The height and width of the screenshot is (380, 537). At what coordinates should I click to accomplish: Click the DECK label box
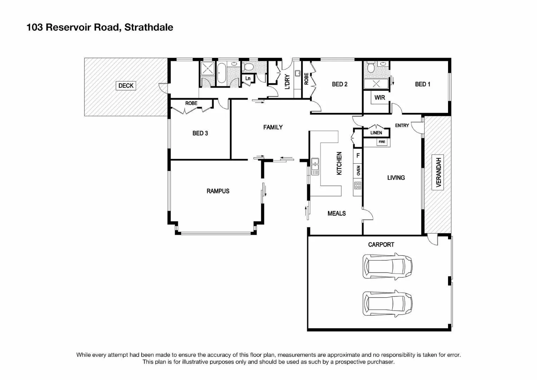tap(126, 85)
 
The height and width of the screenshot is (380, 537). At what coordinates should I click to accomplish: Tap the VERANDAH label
tap(438, 172)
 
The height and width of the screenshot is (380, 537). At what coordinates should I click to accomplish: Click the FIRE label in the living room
tap(382, 142)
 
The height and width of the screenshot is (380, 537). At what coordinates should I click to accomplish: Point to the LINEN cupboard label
tap(376, 133)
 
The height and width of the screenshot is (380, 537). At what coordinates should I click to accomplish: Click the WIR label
tap(380, 97)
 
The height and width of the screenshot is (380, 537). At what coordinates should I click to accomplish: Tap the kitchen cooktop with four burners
tap(358, 185)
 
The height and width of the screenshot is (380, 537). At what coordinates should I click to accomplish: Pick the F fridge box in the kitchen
tap(358, 155)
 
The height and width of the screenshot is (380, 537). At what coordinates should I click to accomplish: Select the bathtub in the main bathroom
tap(221, 73)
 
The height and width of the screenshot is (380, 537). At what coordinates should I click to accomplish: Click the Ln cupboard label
tap(248, 78)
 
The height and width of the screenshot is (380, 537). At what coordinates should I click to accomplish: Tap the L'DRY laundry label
tap(287, 82)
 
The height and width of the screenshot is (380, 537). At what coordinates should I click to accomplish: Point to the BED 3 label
tap(200, 133)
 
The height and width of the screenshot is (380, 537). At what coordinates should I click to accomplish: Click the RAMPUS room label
tap(218, 191)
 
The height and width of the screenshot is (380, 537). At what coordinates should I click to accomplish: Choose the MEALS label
tap(336, 213)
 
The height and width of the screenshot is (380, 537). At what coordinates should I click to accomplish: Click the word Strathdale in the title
tap(149, 27)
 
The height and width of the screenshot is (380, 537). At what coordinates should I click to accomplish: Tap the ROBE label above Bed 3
tap(191, 103)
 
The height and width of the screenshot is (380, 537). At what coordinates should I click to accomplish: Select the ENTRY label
tap(402, 125)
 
